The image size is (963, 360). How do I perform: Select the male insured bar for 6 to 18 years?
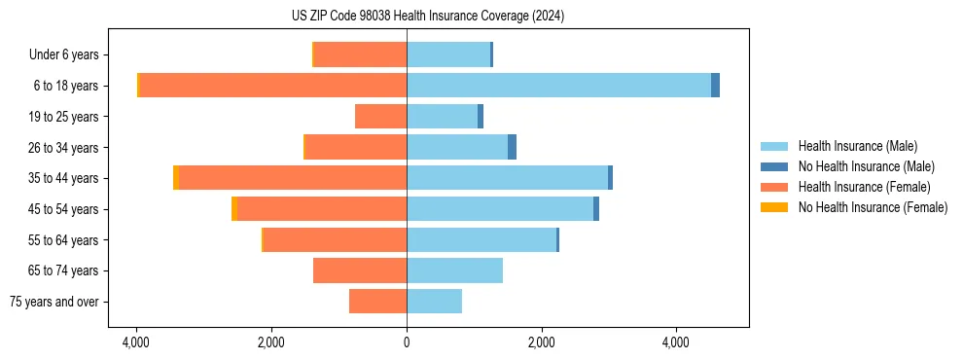point(558,86)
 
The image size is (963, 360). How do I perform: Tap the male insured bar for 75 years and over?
point(434,302)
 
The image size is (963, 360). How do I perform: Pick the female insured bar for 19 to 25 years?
point(380,117)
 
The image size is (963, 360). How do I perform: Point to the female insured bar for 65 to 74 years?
point(360,270)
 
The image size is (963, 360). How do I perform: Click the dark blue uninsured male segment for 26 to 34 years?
point(512,147)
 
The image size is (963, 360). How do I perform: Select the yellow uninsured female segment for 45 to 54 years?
point(234,209)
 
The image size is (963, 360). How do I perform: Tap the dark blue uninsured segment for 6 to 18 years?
point(715,86)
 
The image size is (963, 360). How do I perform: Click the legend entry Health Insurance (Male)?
point(857,146)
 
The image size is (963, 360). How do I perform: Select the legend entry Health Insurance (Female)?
point(864,187)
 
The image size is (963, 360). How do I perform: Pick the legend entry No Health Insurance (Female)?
point(873,207)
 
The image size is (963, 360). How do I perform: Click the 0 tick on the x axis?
point(407,342)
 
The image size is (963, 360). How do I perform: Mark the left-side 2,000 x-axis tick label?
point(271,342)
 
